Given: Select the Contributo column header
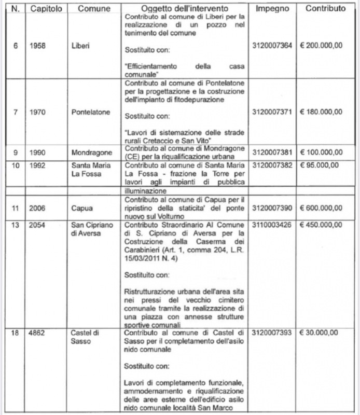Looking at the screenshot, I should click(x=326, y=9).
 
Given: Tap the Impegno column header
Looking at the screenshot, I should click(x=275, y=9).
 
